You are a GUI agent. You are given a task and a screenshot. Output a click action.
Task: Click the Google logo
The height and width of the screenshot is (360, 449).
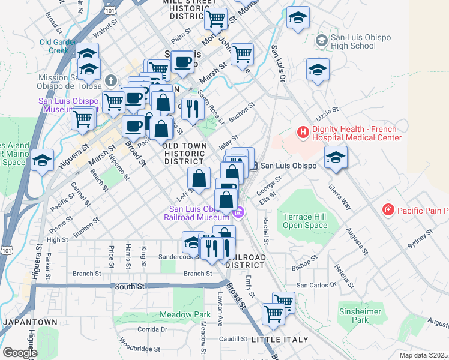coord(19,353)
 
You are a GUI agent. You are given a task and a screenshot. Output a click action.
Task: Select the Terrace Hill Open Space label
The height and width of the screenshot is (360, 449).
coord(306,221)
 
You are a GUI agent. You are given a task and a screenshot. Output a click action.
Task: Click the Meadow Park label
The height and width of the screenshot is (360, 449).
coord(185,314)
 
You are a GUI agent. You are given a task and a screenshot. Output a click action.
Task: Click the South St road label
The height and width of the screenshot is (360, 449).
coord(130,287)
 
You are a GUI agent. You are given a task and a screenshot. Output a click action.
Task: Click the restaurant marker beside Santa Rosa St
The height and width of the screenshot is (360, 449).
coord(193,109)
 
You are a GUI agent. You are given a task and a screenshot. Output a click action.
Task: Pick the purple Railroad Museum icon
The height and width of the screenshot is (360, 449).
coord(240,211)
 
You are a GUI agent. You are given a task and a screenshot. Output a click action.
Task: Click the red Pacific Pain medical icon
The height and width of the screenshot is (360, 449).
coord(388,210)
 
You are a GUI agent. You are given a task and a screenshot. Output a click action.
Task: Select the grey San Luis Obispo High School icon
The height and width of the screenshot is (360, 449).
coord(321,40)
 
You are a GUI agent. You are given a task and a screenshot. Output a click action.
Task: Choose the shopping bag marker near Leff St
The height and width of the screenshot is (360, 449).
coord(199,178)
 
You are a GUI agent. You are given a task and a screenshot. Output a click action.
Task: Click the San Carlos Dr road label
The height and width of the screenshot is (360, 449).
coord(318,285)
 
